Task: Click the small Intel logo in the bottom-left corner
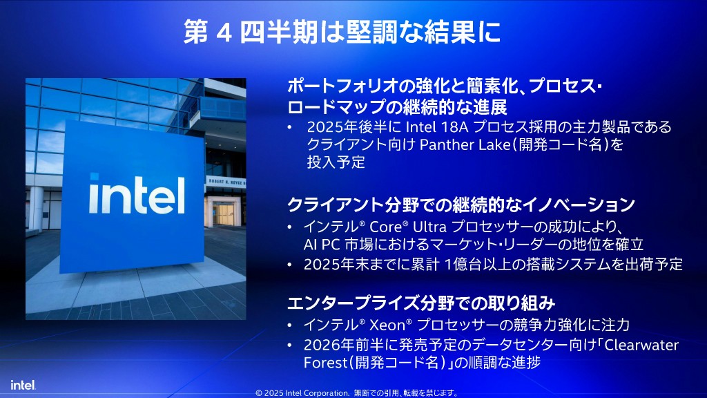[x=23, y=385]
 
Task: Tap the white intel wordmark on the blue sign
[x=137, y=194]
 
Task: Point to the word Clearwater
[x=641, y=345]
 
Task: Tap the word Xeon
[x=387, y=325]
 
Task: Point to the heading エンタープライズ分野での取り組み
[x=421, y=303]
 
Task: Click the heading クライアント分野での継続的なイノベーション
[x=461, y=205]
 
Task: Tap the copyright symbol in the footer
[x=259, y=393]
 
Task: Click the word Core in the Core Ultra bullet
[x=385, y=227]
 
